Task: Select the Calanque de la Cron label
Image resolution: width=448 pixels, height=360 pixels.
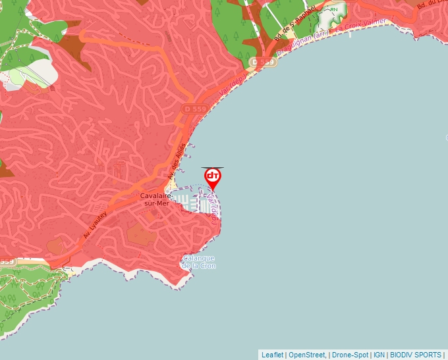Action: (199, 262)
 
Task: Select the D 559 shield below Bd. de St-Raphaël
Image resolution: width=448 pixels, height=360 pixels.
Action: (262, 62)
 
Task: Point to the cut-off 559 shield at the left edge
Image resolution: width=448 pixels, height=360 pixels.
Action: (6, 261)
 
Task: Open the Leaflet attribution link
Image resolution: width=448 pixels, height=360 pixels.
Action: (272, 355)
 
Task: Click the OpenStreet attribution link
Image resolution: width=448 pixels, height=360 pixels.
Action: (307, 355)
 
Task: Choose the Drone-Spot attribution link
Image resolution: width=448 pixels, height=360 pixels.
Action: (349, 355)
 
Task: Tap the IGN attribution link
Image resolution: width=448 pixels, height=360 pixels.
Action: (379, 355)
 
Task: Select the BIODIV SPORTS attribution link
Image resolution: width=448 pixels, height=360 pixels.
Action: (416, 355)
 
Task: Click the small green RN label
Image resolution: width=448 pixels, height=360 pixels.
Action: (333, 9)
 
